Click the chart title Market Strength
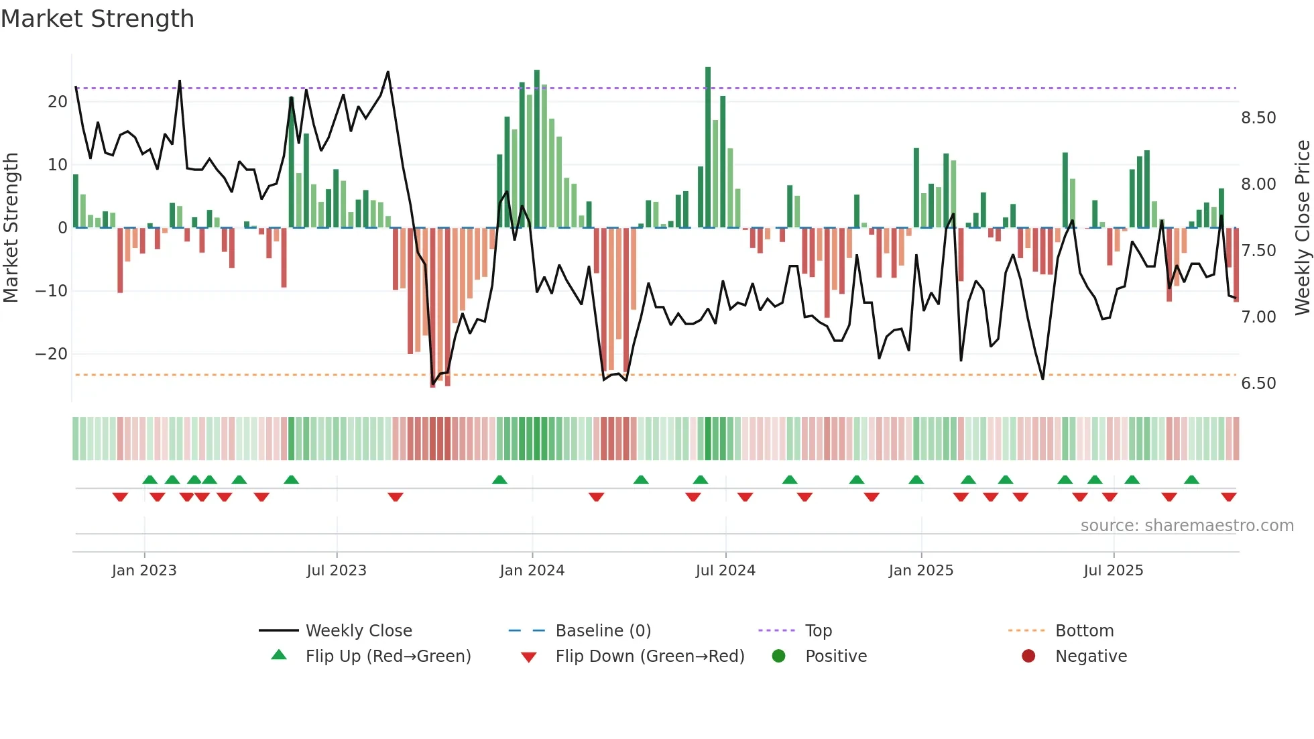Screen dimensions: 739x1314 click(x=97, y=19)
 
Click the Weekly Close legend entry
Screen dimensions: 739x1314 click(x=358, y=630)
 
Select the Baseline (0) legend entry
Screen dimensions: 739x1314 click(x=603, y=630)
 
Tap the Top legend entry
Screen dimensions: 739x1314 click(x=818, y=630)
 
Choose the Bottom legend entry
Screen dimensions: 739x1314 click(x=1084, y=630)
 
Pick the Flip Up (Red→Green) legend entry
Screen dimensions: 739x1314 click(x=387, y=656)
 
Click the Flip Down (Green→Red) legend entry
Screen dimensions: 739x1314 click(x=649, y=656)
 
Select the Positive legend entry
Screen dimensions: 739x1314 click(x=835, y=656)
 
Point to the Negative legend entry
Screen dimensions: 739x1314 click(x=1091, y=656)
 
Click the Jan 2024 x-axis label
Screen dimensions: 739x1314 click(x=532, y=571)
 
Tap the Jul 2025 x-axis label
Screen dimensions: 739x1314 click(x=1113, y=571)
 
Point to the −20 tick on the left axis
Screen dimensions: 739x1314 click(x=51, y=354)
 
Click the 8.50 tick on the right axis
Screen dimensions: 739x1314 click(x=1258, y=118)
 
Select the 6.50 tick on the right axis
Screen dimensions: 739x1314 click(x=1258, y=384)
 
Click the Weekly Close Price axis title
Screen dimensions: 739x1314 click(x=1302, y=227)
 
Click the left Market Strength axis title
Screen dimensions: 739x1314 click(x=11, y=227)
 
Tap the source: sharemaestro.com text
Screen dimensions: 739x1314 click(x=1187, y=526)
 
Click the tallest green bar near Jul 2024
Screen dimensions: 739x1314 click(x=708, y=148)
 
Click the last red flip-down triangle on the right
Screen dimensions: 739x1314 click(x=1228, y=497)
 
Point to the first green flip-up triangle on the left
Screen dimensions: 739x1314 click(x=150, y=479)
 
